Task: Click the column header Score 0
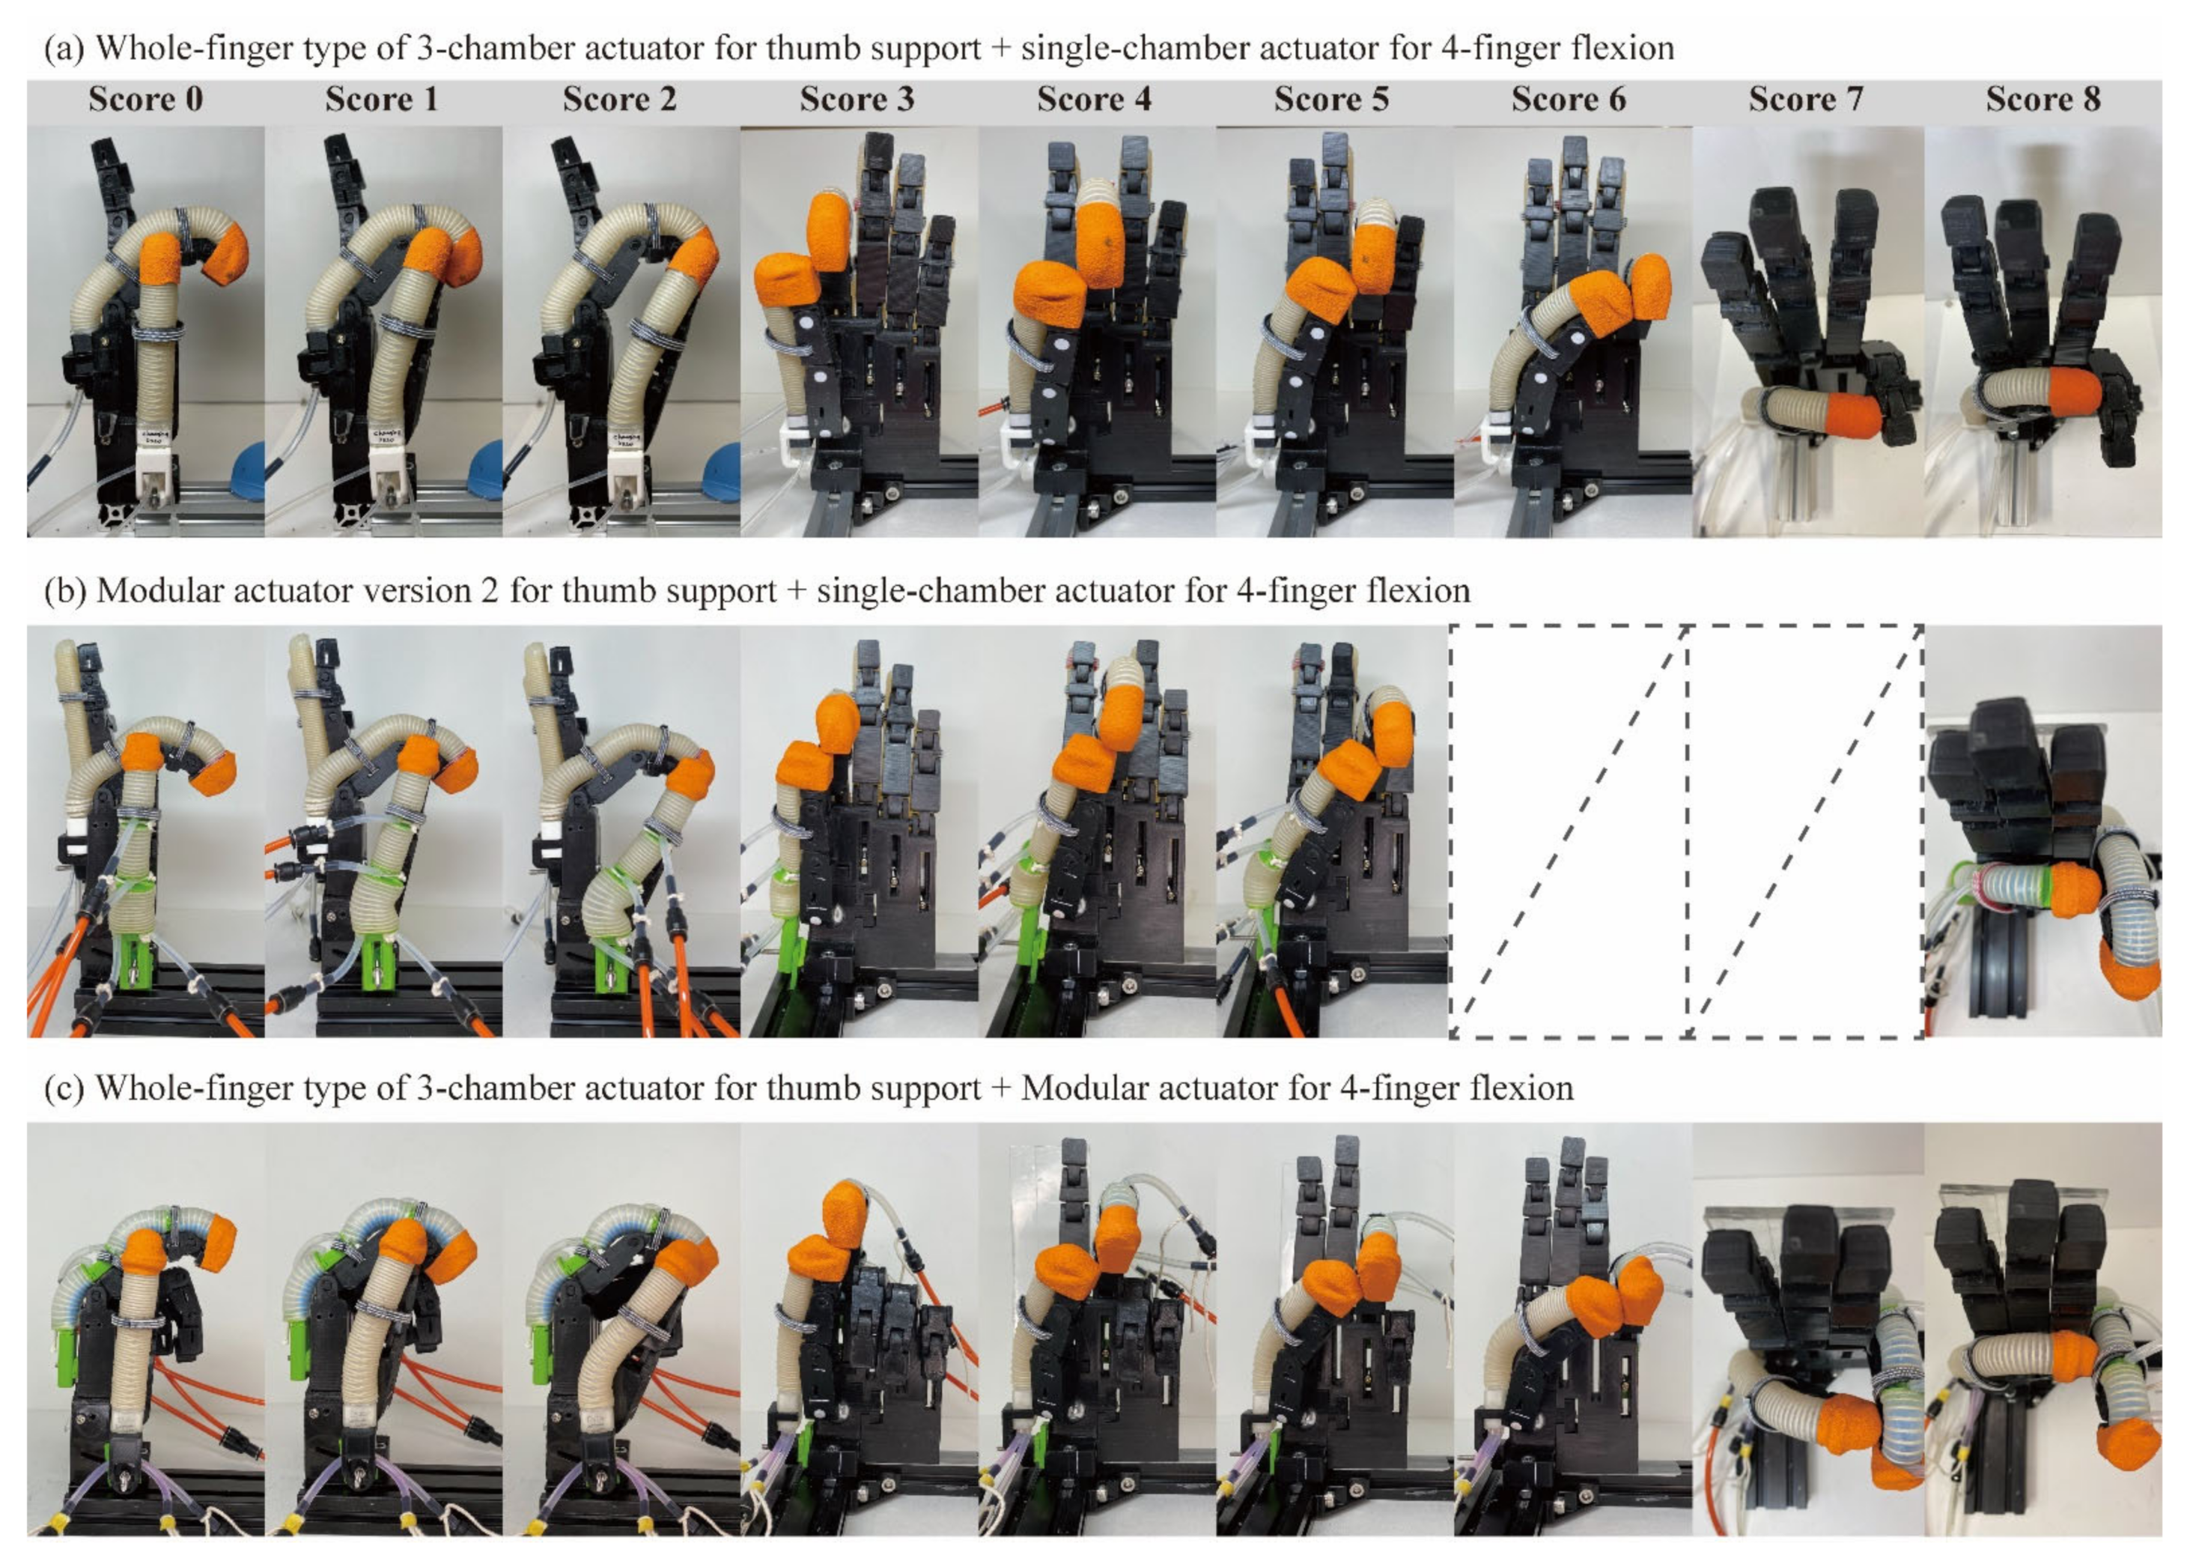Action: pyautogui.click(x=146, y=100)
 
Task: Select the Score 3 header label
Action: pyautogui.click(x=857, y=100)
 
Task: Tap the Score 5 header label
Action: pyautogui.click(x=1331, y=100)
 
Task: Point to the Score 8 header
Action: pyautogui.click(x=2043, y=100)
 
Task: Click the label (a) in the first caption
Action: pyautogui.click(x=64, y=48)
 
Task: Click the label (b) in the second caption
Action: pyautogui.click(x=64, y=591)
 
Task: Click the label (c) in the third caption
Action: pyautogui.click(x=64, y=1088)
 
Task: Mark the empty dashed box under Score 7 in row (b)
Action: pyautogui.click(x=1805, y=831)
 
